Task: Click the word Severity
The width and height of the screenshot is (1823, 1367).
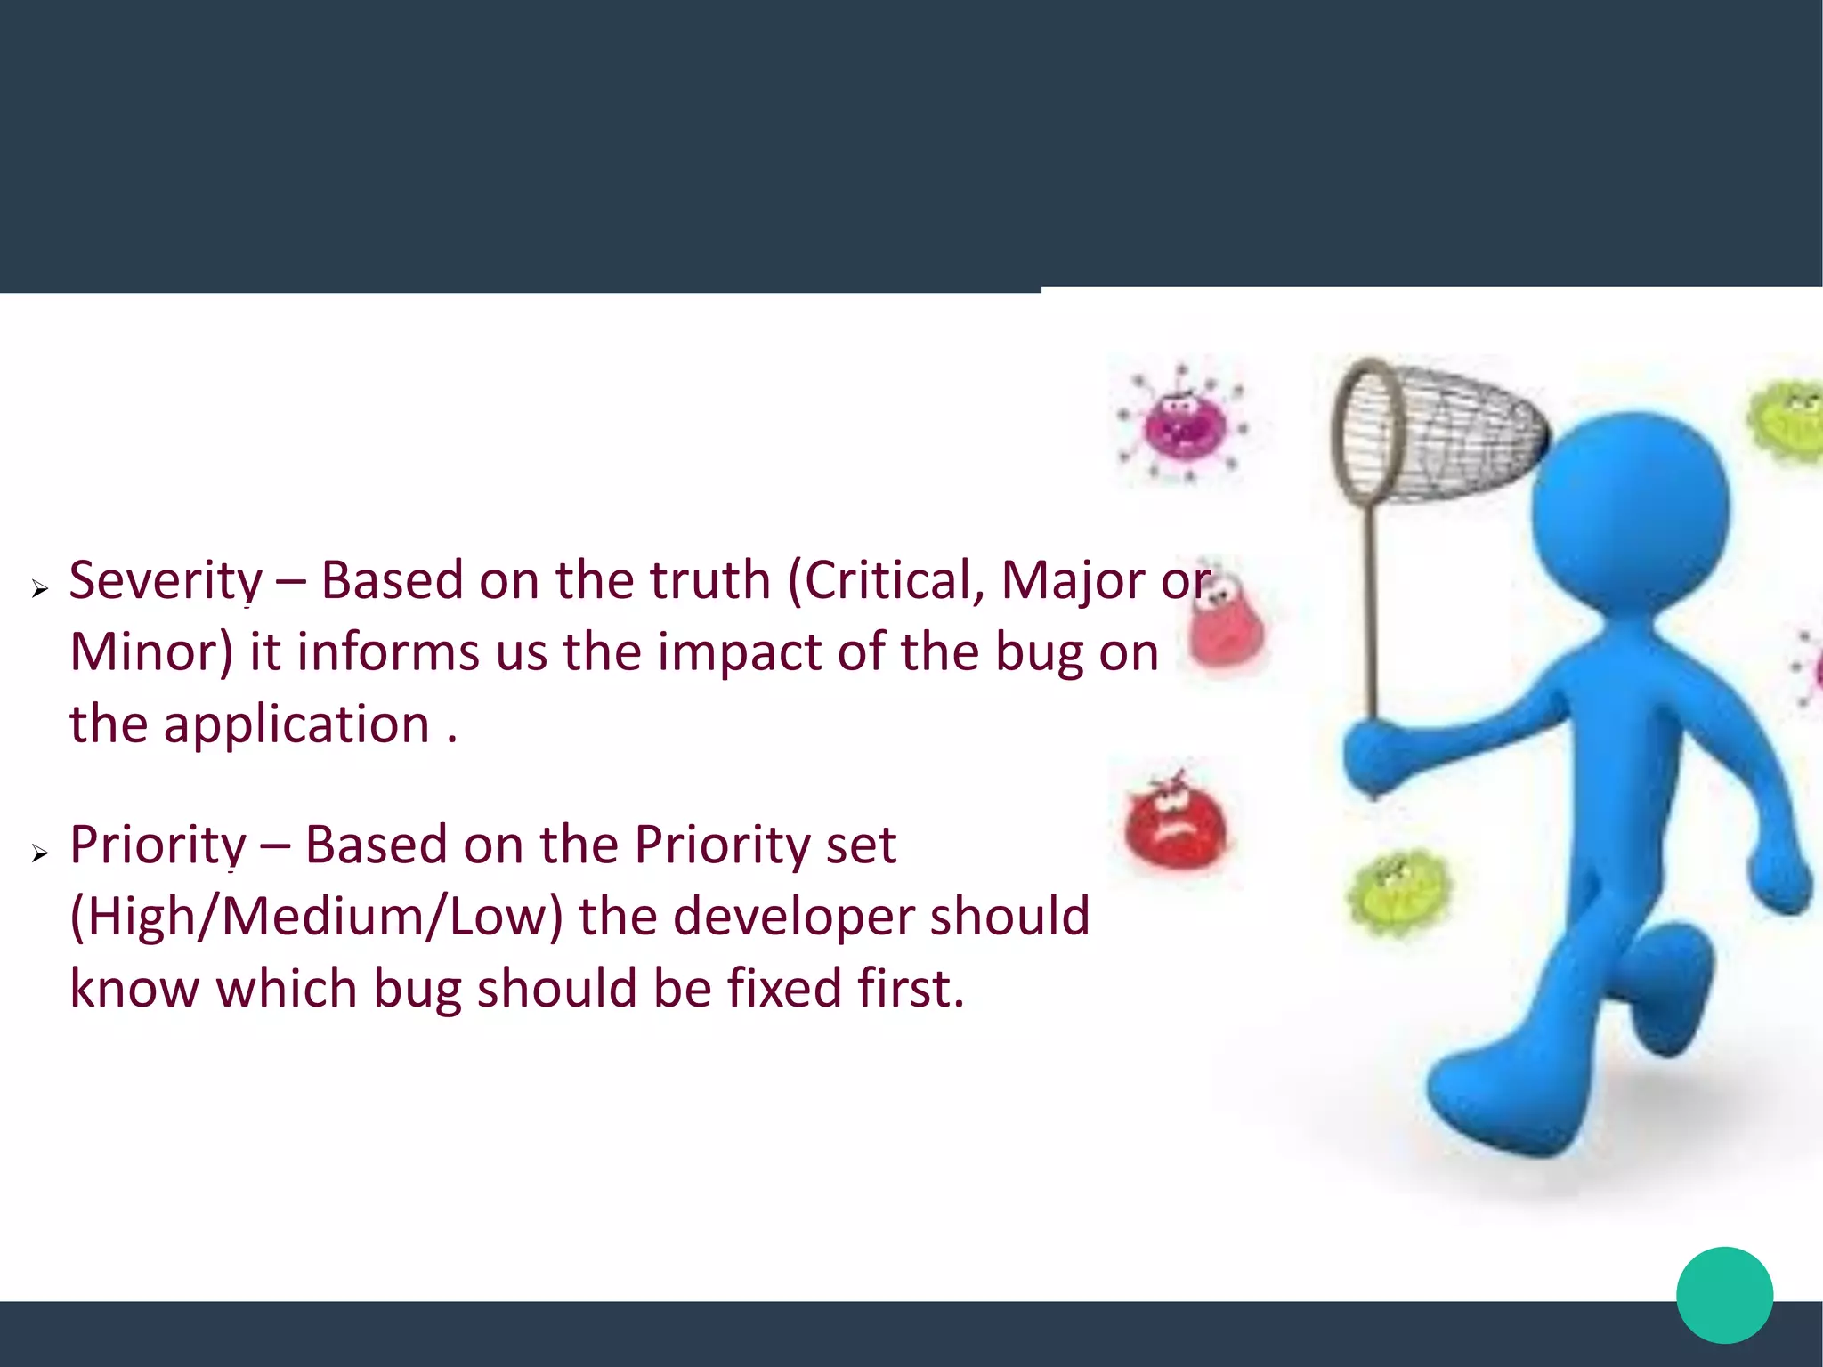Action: click(x=166, y=581)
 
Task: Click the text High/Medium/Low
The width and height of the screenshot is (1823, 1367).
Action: click(x=316, y=917)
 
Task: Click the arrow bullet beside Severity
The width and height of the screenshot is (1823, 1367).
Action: click(x=39, y=588)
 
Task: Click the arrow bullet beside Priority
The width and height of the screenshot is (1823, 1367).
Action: click(x=39, y=853)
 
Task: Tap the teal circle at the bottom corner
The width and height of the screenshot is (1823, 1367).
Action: click(x=1724, y=1295)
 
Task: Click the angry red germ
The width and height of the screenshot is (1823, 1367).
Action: click(x=1174, y=825)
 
